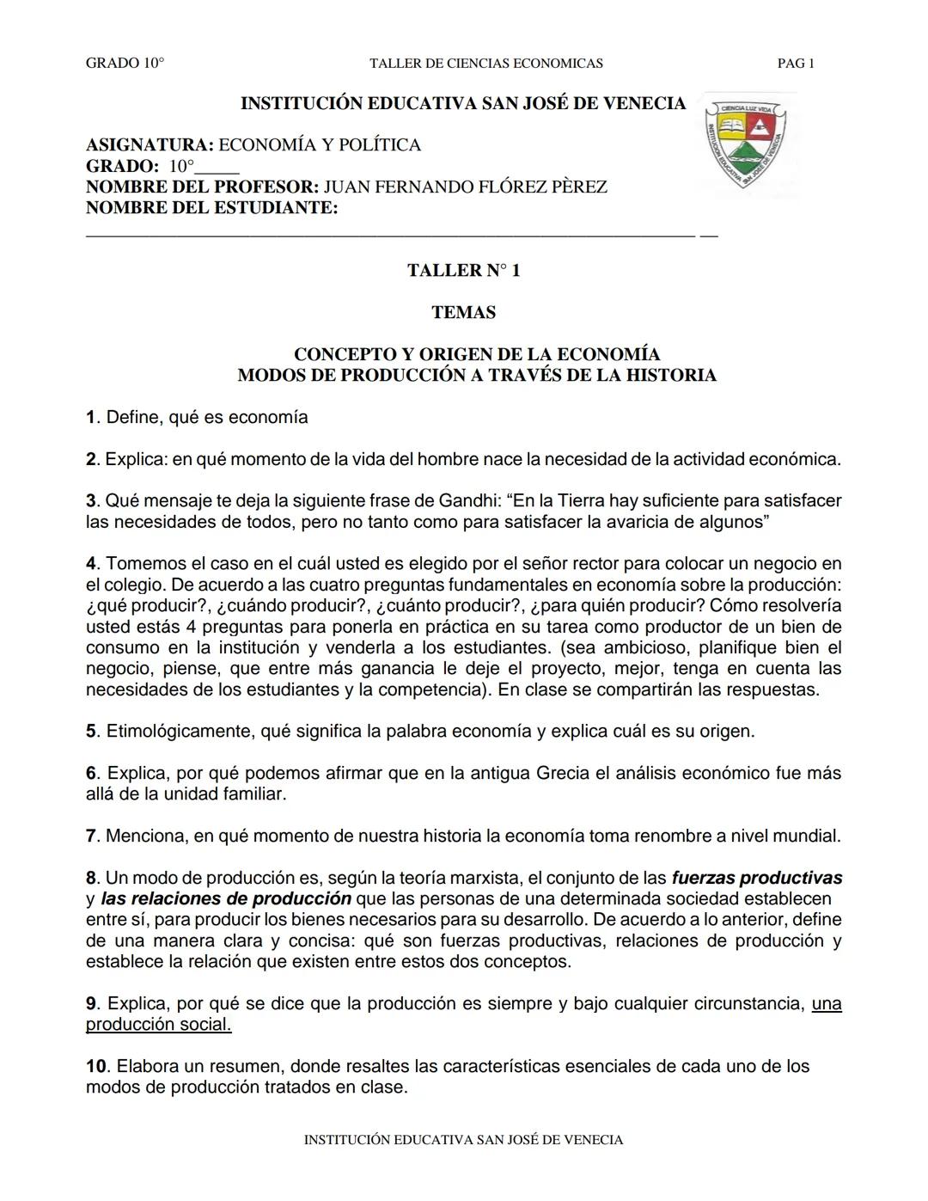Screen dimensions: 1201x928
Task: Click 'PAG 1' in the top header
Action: point(795,64)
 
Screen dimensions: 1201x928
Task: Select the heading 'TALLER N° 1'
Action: point(463,271)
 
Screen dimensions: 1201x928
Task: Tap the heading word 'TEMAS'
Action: point(463,313)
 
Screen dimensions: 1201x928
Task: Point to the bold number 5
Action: point(91,732)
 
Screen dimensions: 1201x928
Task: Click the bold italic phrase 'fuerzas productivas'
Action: point(756,878)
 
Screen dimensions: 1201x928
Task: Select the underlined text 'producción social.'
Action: point(158,1025)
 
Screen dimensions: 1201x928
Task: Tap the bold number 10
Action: point(96,1067)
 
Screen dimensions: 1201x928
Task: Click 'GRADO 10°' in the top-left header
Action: point(125,64)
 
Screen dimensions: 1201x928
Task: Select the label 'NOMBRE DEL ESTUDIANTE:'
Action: point(211,208)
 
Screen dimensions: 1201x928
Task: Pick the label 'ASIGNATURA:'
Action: point(150,145)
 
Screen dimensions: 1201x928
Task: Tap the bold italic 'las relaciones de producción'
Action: point(226,898)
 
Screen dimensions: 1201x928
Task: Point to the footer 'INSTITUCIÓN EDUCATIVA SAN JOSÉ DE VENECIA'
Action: point(463,1140)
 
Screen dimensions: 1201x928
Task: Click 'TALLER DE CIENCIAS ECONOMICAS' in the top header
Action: point(485,64)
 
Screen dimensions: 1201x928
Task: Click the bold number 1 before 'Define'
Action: point(90,418)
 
